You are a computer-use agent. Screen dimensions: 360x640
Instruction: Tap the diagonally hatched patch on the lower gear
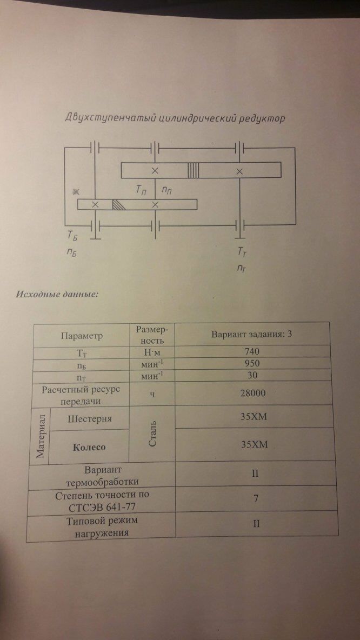(118, 204)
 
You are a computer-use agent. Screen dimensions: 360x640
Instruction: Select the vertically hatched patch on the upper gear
(194, 171)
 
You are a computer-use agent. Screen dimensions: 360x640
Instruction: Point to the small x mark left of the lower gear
(77, 191)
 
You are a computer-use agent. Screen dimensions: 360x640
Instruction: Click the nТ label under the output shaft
(242, 268)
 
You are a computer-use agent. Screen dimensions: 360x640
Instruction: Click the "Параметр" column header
(81, 336)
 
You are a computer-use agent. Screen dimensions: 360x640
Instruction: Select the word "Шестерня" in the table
(89, 418)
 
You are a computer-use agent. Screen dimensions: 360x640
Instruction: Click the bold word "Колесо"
(89, 447)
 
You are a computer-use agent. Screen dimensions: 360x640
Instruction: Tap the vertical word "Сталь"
(152, 432)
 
